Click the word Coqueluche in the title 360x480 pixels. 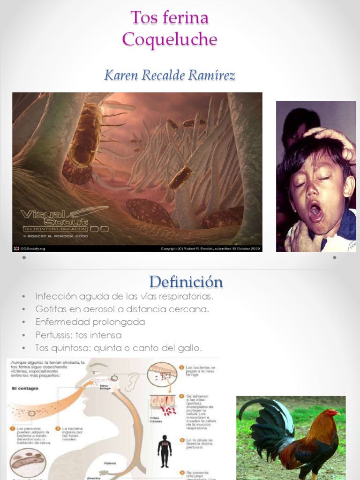(170, 39)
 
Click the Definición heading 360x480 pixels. (186, 282)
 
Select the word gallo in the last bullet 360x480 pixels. (190, 348)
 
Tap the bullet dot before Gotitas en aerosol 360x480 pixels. (23, 309)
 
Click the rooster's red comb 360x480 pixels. (332, 411)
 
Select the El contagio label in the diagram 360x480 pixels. (25, 388)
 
